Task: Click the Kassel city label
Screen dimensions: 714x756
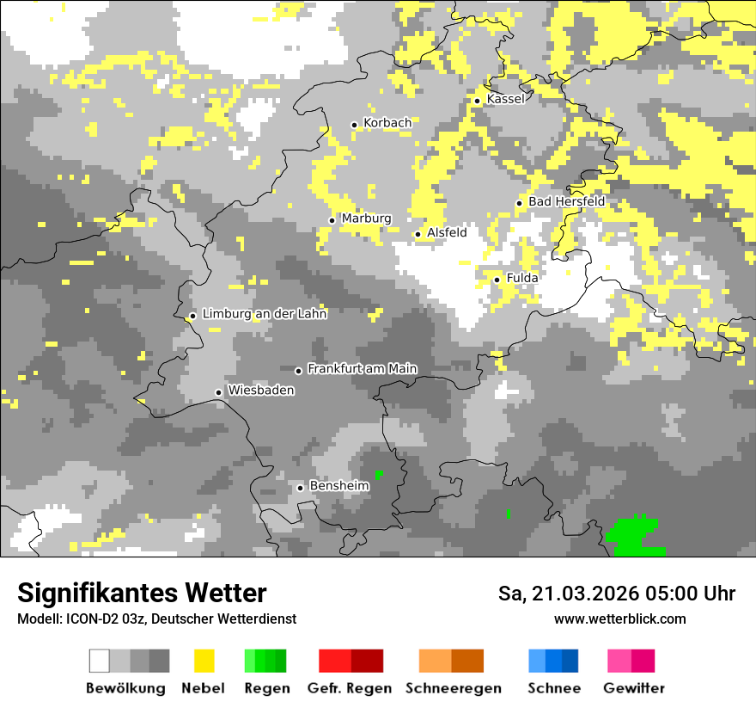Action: [505, 99]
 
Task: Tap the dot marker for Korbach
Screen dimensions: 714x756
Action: [354, 125]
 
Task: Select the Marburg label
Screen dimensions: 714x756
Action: [366, 219]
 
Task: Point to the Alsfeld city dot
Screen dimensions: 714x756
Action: [418, 234]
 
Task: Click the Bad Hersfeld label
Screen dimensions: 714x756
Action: [566, 201]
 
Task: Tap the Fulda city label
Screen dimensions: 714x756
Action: [522, 278]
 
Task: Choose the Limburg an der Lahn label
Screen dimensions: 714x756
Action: [264, 314]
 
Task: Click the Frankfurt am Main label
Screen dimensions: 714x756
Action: [362, 369]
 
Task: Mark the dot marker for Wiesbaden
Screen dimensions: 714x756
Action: [219, 392]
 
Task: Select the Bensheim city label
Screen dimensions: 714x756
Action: [338, 486]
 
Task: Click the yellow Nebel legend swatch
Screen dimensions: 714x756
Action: [204, 661]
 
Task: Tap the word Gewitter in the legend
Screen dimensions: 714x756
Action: [633, 688]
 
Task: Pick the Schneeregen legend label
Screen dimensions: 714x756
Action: [453, 688]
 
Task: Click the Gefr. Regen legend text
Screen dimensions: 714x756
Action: [349, 688]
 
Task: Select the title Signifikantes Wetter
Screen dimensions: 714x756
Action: [142, 593]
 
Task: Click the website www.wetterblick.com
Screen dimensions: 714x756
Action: [619, 619]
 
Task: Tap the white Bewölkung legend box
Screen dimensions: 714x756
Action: [100, 661]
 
